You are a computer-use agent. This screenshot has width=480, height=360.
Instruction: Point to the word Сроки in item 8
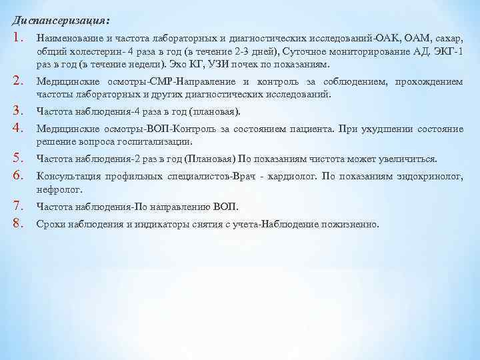coord(52,225)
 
